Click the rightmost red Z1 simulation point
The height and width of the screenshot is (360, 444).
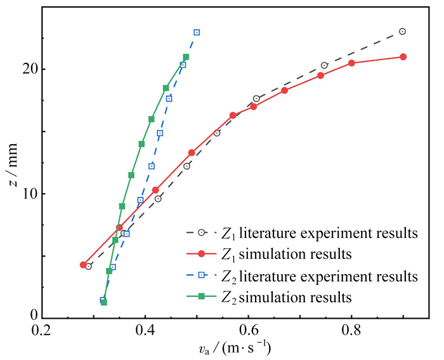403,57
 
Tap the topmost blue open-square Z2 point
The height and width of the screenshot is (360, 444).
197,32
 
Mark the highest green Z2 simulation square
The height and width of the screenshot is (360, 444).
186,57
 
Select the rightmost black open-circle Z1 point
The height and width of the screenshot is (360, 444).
402,31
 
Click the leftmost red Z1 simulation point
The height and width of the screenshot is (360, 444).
83,264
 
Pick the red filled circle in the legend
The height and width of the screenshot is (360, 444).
201,255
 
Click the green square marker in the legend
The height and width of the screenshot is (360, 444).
201,297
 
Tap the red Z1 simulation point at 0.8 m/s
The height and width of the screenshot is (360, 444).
351,63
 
